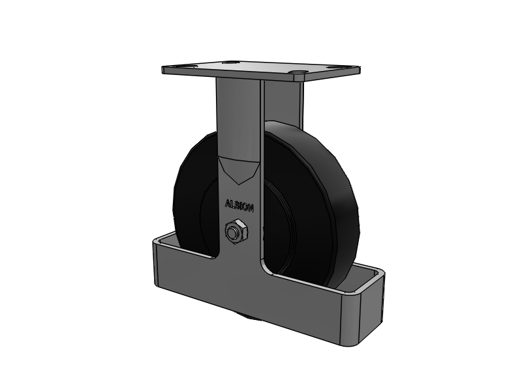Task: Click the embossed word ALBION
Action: click(x=239, y=204)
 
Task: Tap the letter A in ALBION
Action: click(x=227, y=203)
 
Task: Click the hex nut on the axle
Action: click(x=234, y=231)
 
